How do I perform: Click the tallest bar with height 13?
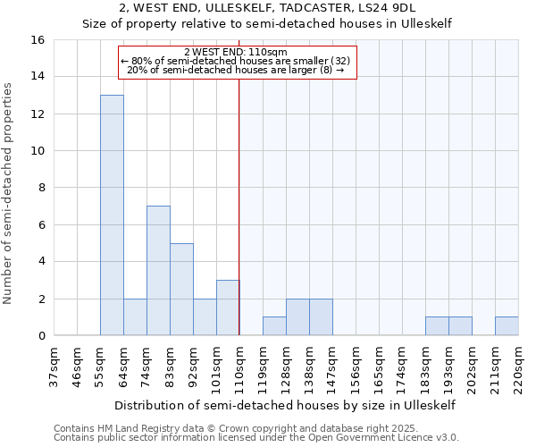pos(112,215)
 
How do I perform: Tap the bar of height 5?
pos(181,290)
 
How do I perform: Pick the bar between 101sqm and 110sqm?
pos(228,308)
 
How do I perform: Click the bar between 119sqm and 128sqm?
pos(274,326)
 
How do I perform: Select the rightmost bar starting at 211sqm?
pos(507,326)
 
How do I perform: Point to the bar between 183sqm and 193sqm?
pos(437,326)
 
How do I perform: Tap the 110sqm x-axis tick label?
pos(240,367)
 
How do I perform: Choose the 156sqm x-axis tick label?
pos(356,367)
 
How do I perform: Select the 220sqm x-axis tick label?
pos(519,367)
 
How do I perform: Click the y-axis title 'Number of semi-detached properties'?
pos(9,193)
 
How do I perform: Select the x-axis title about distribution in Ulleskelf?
pos(286,405)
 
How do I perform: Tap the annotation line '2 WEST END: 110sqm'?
pos(236,53)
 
